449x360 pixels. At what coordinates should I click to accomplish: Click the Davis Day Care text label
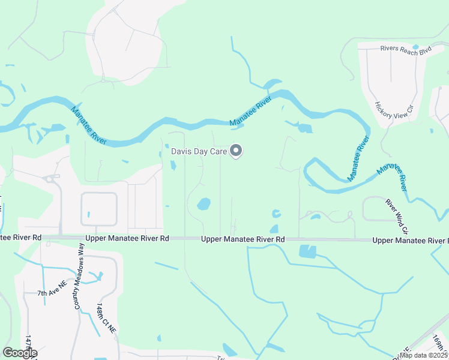199,152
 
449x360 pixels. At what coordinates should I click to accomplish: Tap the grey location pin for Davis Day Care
237,151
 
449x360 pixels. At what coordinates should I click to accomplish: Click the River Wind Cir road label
397,216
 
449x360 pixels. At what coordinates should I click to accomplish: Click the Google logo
20,352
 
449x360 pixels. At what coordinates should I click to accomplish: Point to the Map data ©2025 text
423,355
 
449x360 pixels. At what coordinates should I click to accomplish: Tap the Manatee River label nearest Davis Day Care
252,114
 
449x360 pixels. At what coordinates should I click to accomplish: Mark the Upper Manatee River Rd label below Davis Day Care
243,239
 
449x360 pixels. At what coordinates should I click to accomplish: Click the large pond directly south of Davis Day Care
204,204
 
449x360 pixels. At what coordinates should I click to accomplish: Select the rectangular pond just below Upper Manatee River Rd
307,251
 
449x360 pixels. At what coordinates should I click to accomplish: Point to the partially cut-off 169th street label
438,343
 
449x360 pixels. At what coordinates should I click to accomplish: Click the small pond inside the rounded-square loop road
88,214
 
